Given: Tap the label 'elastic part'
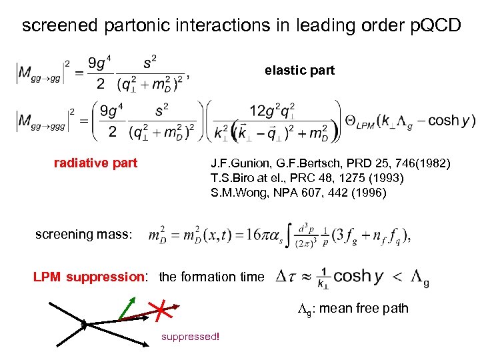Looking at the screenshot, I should coord(299,70).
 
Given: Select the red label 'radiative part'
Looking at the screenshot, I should coord(95,163).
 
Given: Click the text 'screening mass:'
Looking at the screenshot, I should coord(84,234).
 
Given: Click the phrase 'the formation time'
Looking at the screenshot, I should coord(211,277).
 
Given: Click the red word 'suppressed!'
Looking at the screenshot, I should coord(190,337).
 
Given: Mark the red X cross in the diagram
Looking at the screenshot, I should coord(161,311).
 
